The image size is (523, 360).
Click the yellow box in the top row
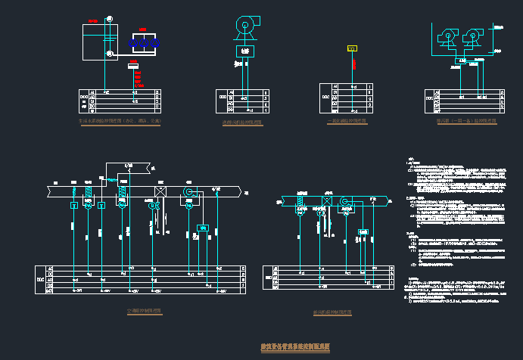click(352, 48)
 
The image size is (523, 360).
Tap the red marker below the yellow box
click(353, 64)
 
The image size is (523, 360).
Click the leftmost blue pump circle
click(133, 44)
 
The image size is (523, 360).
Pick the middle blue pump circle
click(144, 44)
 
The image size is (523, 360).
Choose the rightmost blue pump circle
click(155, 44)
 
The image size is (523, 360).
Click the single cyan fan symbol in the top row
click(245, 27)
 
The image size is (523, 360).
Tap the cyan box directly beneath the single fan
click(244, 51)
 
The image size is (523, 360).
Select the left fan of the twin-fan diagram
click(447, 35)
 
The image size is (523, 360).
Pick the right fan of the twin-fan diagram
click(475, 35)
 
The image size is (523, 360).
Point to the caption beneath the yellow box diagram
click(347, 121)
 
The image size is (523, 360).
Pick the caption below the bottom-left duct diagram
click(144, 311)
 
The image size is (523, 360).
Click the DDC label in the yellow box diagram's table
click(325, 98)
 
